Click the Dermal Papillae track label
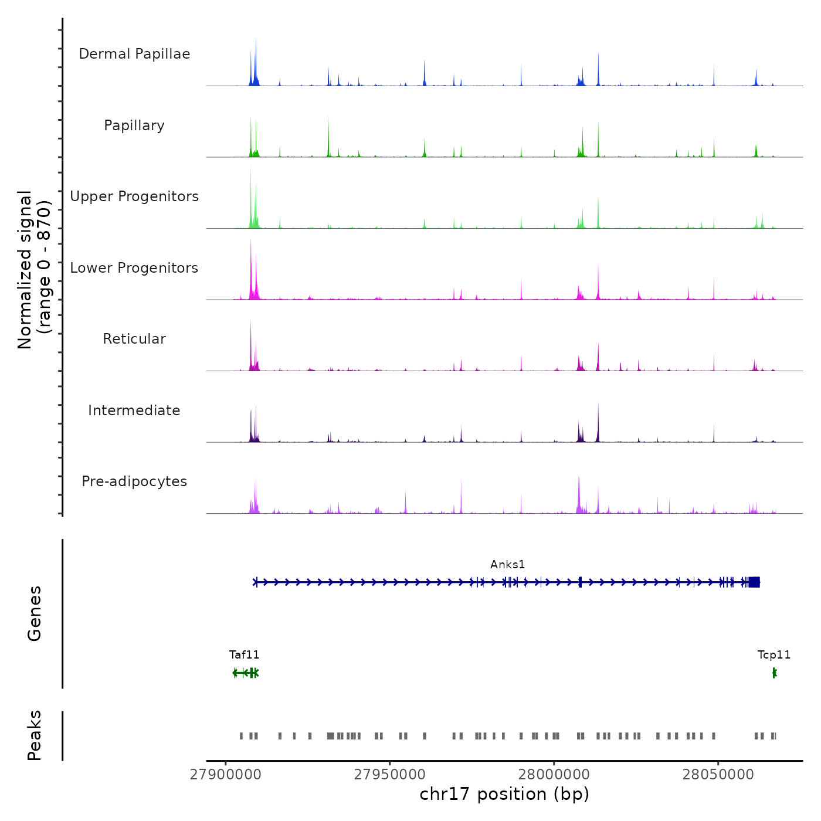click(x=134, y=54)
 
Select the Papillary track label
click(x=134, y=125)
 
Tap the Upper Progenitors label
click(x=134, y=196)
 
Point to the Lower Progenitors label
click(x=134, y=268)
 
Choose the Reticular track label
click(x=134, y=339)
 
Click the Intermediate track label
click(x=134, y=410)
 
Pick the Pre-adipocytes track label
click(x=134, y=481)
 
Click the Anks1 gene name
click(x=508, y=565)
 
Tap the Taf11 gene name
click(x=244, y=655)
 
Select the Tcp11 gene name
click(x=774, y=655)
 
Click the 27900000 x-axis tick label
click(x=226, y=775)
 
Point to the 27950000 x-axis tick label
click(x=390, y=775)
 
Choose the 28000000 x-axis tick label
click(x=554, y=775)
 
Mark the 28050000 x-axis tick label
click(x=718, y=775)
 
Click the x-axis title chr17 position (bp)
click(x=504, y=795)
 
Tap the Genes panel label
click(x=35, y=613)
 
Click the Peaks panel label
click(x=35, y=735)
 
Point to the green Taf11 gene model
click(x=246, y=673)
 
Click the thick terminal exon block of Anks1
click(x=754, y=582)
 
